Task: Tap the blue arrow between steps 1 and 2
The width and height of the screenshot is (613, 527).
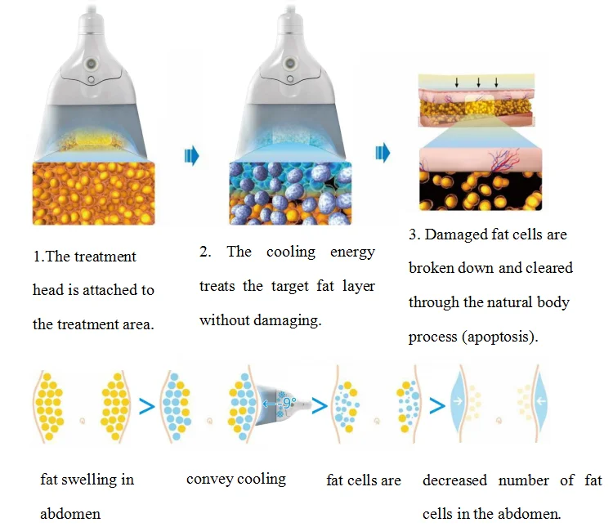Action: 192,155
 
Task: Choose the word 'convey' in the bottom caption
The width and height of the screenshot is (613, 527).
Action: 209,479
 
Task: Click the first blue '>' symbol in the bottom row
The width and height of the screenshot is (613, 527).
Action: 146,406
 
